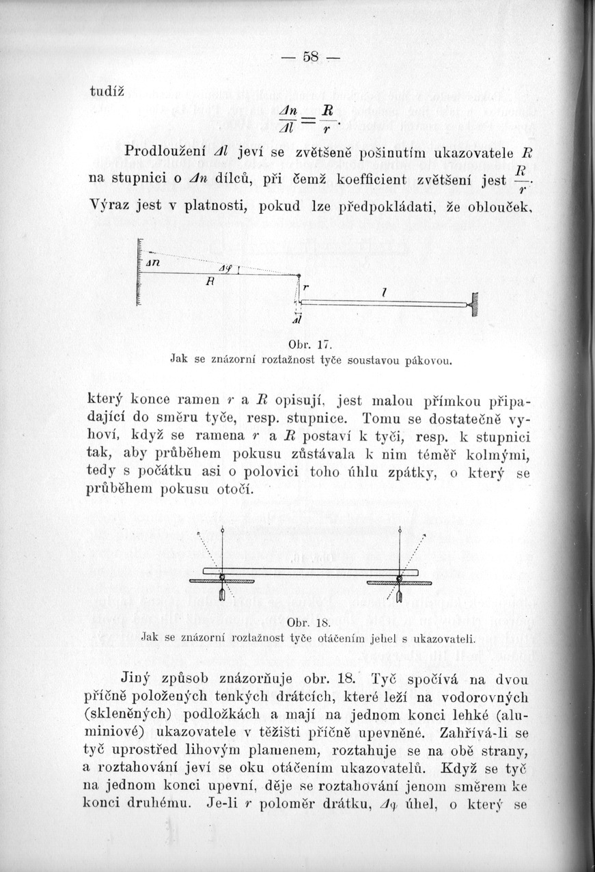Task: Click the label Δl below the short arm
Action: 298,321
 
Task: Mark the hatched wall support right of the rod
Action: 473,303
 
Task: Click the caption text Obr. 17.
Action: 301,342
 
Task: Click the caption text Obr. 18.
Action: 301,623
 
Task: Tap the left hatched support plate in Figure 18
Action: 222,582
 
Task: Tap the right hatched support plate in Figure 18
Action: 400,583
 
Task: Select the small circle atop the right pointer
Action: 400,530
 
